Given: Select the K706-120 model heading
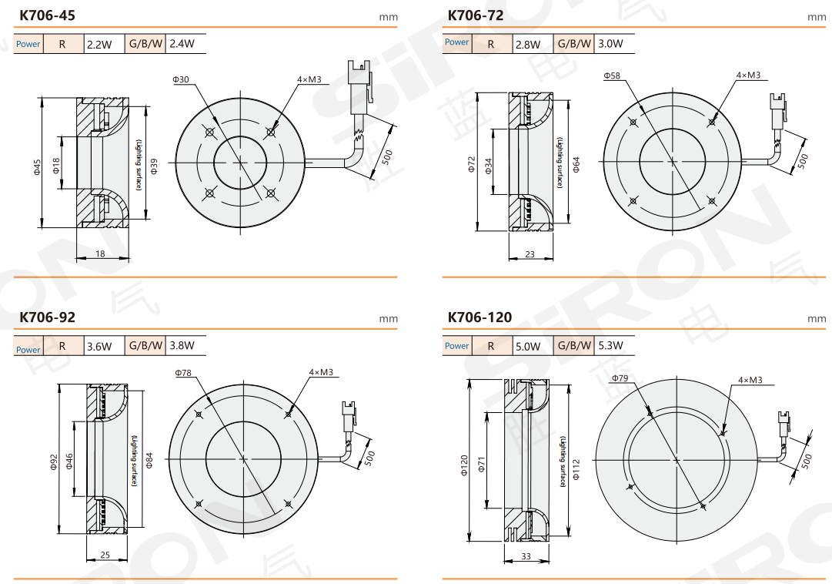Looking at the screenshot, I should (479, 317).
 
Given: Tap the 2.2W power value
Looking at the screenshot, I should (99, 45).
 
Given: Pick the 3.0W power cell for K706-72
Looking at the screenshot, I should (610, 44).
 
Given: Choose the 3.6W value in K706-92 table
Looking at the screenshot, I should (99, 347).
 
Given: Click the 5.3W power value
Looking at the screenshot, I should (610, 346).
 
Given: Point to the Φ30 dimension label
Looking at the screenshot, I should (181, 79).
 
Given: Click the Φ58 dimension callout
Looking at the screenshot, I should (612, 76).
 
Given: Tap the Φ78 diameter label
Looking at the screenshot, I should (183, 373).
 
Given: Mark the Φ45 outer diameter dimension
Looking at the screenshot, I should (36, 167).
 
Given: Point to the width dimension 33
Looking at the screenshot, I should (526, 555).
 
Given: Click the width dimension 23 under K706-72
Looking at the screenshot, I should (530, 253).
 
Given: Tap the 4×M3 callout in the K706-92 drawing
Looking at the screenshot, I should (321, 372).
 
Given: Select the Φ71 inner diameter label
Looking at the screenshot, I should (482, 465).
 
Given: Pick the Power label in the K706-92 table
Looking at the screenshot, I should (28, 349).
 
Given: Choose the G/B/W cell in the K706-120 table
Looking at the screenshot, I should (575, 346).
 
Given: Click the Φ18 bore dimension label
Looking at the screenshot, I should (56, 164).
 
